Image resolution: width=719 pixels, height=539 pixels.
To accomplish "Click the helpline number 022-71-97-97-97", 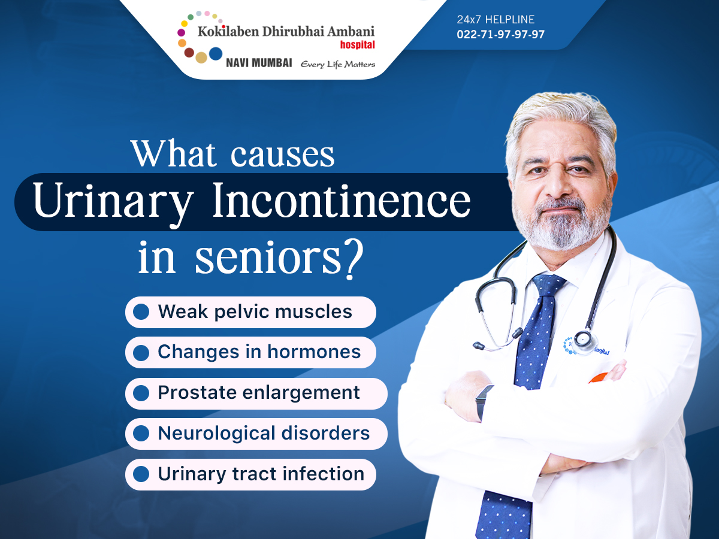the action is tap(500, 34).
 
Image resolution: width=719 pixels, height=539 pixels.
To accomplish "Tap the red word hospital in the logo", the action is tap(357, 44).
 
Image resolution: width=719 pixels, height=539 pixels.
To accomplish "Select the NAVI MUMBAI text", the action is tap(259, 63).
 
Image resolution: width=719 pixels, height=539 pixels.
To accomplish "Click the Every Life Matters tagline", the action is tap(338, 64).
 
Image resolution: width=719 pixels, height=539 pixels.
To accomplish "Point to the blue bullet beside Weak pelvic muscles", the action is tap(141, 311).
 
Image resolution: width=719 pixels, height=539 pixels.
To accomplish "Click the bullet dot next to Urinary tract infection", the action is tap(141, 474).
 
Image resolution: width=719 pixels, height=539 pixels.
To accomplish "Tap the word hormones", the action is tap(314, 352).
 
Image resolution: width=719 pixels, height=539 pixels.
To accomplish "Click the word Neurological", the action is tap(216, 433).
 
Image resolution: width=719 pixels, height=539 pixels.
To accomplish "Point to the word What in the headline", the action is tap(174, 153).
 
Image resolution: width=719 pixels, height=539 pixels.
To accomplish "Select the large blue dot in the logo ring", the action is tap(216, 54).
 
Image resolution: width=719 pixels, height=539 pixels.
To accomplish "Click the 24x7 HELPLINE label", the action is tap(496, 20).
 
